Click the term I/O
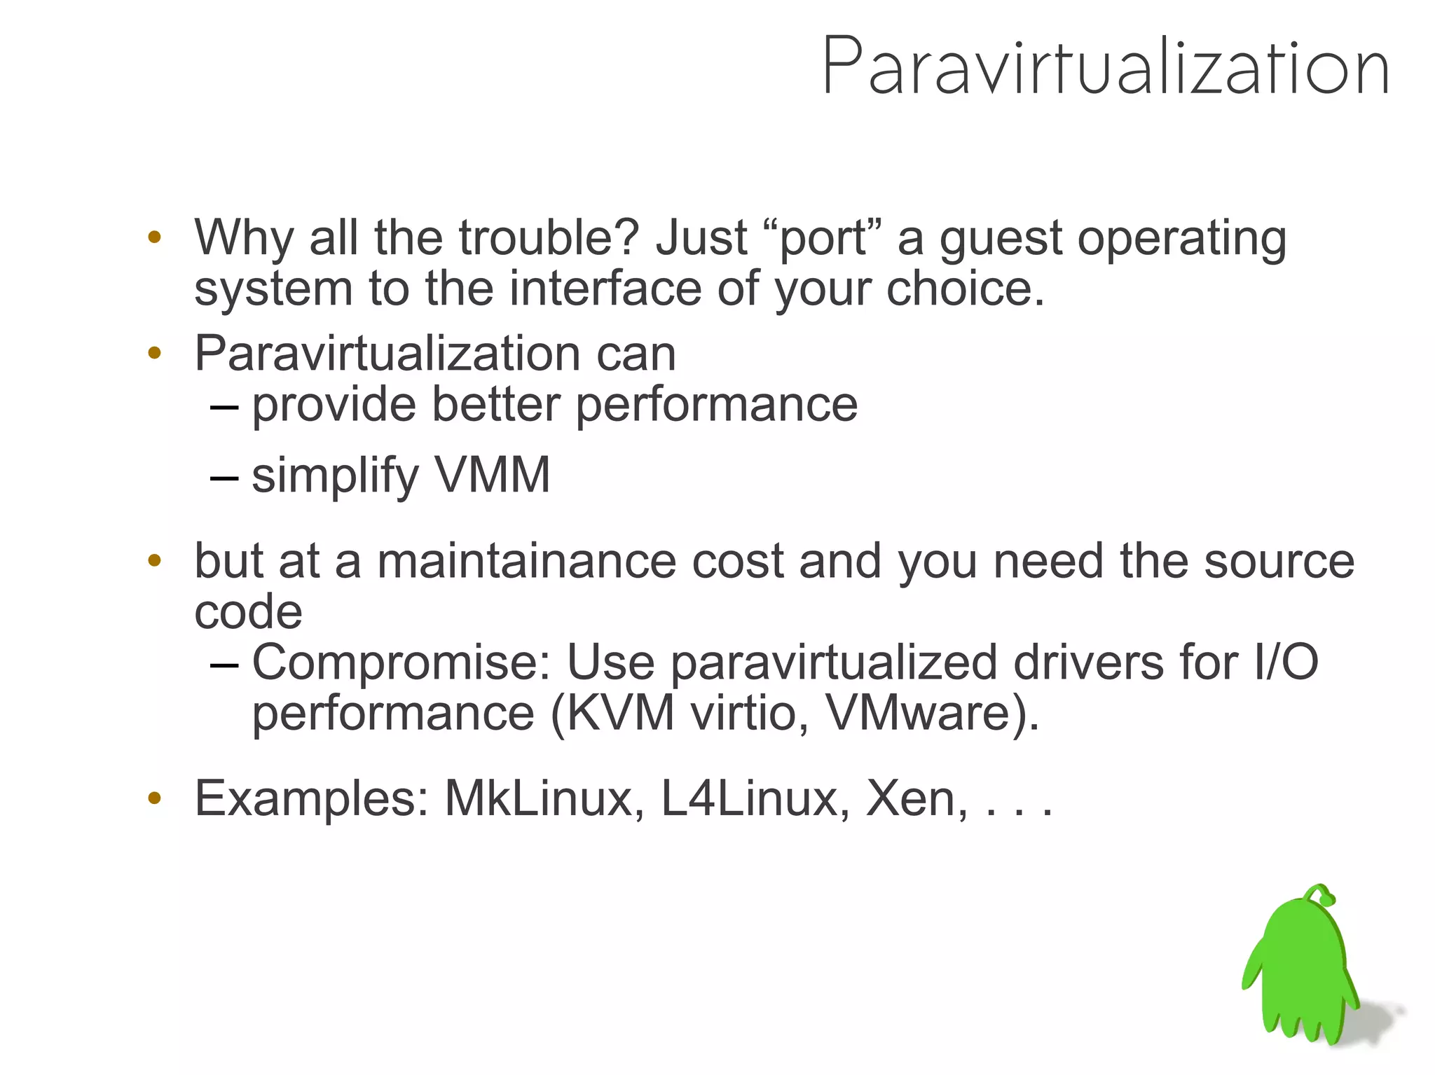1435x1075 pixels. [1286, 662]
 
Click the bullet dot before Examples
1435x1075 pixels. [155, 798]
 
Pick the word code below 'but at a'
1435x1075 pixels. [248, 612]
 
